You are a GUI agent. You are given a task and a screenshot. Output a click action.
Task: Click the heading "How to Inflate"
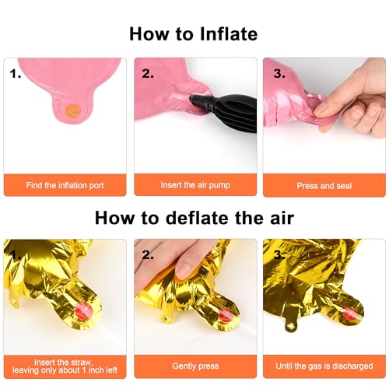point(194,34)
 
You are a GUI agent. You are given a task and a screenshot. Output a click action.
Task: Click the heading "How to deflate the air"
point(194,218)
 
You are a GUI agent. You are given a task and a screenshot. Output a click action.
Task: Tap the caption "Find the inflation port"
point(65,185)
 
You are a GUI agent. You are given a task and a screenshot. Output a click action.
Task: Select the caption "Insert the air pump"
point(195,185)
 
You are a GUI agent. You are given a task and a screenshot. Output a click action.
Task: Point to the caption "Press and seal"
point(324,186)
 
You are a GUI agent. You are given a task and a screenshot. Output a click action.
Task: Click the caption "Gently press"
point(195,366)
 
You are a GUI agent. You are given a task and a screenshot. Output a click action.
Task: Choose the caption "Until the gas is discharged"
point(324,366)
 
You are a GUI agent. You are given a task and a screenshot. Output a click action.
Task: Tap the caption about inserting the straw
point(65,366)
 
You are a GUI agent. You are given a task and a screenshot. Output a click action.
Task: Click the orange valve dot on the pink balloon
point(73,110)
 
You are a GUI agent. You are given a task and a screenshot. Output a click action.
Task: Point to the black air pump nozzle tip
point(191,99)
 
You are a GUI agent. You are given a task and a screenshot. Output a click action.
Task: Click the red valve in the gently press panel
point(225,316)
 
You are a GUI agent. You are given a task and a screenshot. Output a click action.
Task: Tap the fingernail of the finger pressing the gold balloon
point(184,271)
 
